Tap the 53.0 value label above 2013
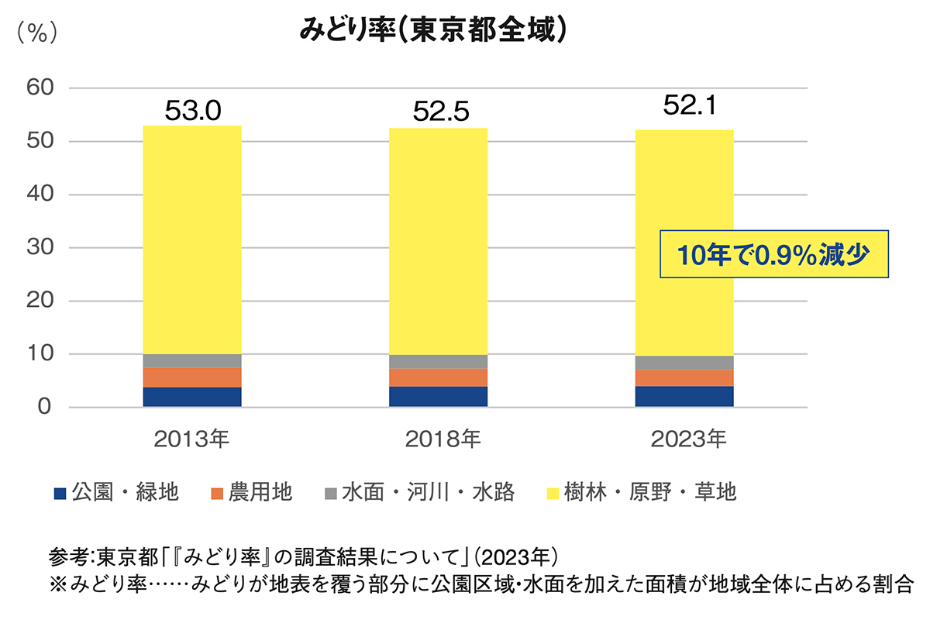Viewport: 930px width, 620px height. click(x=193, y=112)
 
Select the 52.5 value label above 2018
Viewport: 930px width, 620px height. click(x=439, y=113)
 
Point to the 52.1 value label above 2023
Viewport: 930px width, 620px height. click(x=685, y=105)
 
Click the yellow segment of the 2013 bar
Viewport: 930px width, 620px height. click(x=193, y=240)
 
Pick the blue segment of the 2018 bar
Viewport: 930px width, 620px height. click(x=439, y=397)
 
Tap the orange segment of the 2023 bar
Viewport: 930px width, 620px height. click(x=684, y=378)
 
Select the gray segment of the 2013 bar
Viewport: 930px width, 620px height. click(x=193, y=360)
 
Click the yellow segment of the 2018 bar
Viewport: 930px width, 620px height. click(x=439, y=240)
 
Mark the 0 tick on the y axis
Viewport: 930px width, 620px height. click(x=45, y=408)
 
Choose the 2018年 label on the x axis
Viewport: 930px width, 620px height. click(x=443, y=440)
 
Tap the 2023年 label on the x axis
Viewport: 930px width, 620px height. click(x=689, y=440)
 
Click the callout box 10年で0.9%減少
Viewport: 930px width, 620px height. click(x=773, y=253)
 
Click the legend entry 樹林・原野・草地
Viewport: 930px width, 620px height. click(x=650, y=492)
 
